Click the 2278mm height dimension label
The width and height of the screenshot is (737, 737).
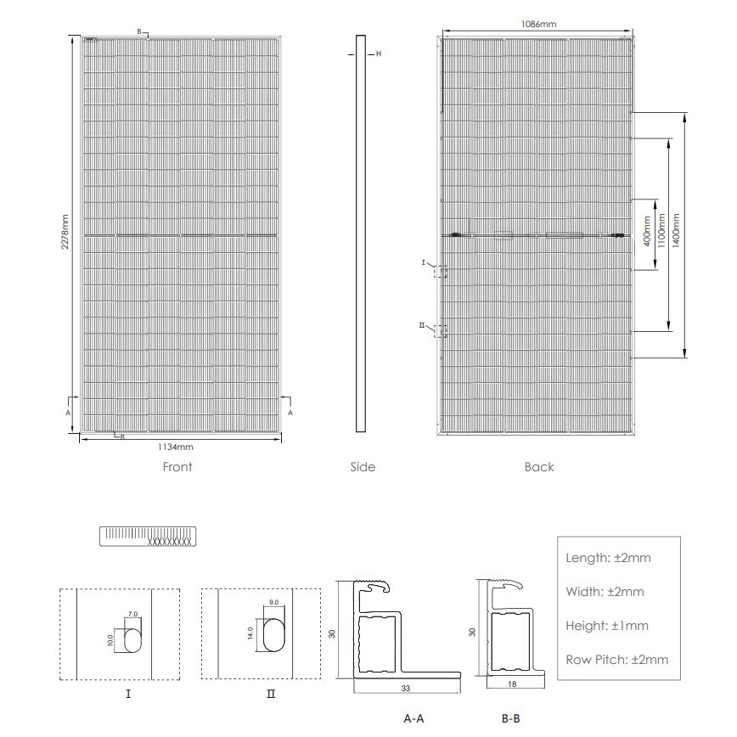tap(65, 231)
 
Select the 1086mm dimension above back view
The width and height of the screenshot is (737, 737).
tap(538, 25)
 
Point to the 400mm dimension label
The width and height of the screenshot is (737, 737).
tap(647, 233)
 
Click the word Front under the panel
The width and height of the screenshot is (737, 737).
tap(177, 467)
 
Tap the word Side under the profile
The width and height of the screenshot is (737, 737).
tap(362, 467)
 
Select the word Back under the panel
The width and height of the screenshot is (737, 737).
tap(538, 467)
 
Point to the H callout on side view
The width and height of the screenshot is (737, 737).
tap(378, 53)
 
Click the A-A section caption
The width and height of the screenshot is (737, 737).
tap(414, 718)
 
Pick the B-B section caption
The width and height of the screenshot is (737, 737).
tap(510, 718)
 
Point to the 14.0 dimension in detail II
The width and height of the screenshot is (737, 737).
tap(250, 634)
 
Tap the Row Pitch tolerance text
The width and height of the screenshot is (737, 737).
tap(616, 659)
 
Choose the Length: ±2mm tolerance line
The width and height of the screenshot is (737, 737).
tap(608, 558)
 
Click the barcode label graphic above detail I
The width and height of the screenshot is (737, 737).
tap(149, 537)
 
